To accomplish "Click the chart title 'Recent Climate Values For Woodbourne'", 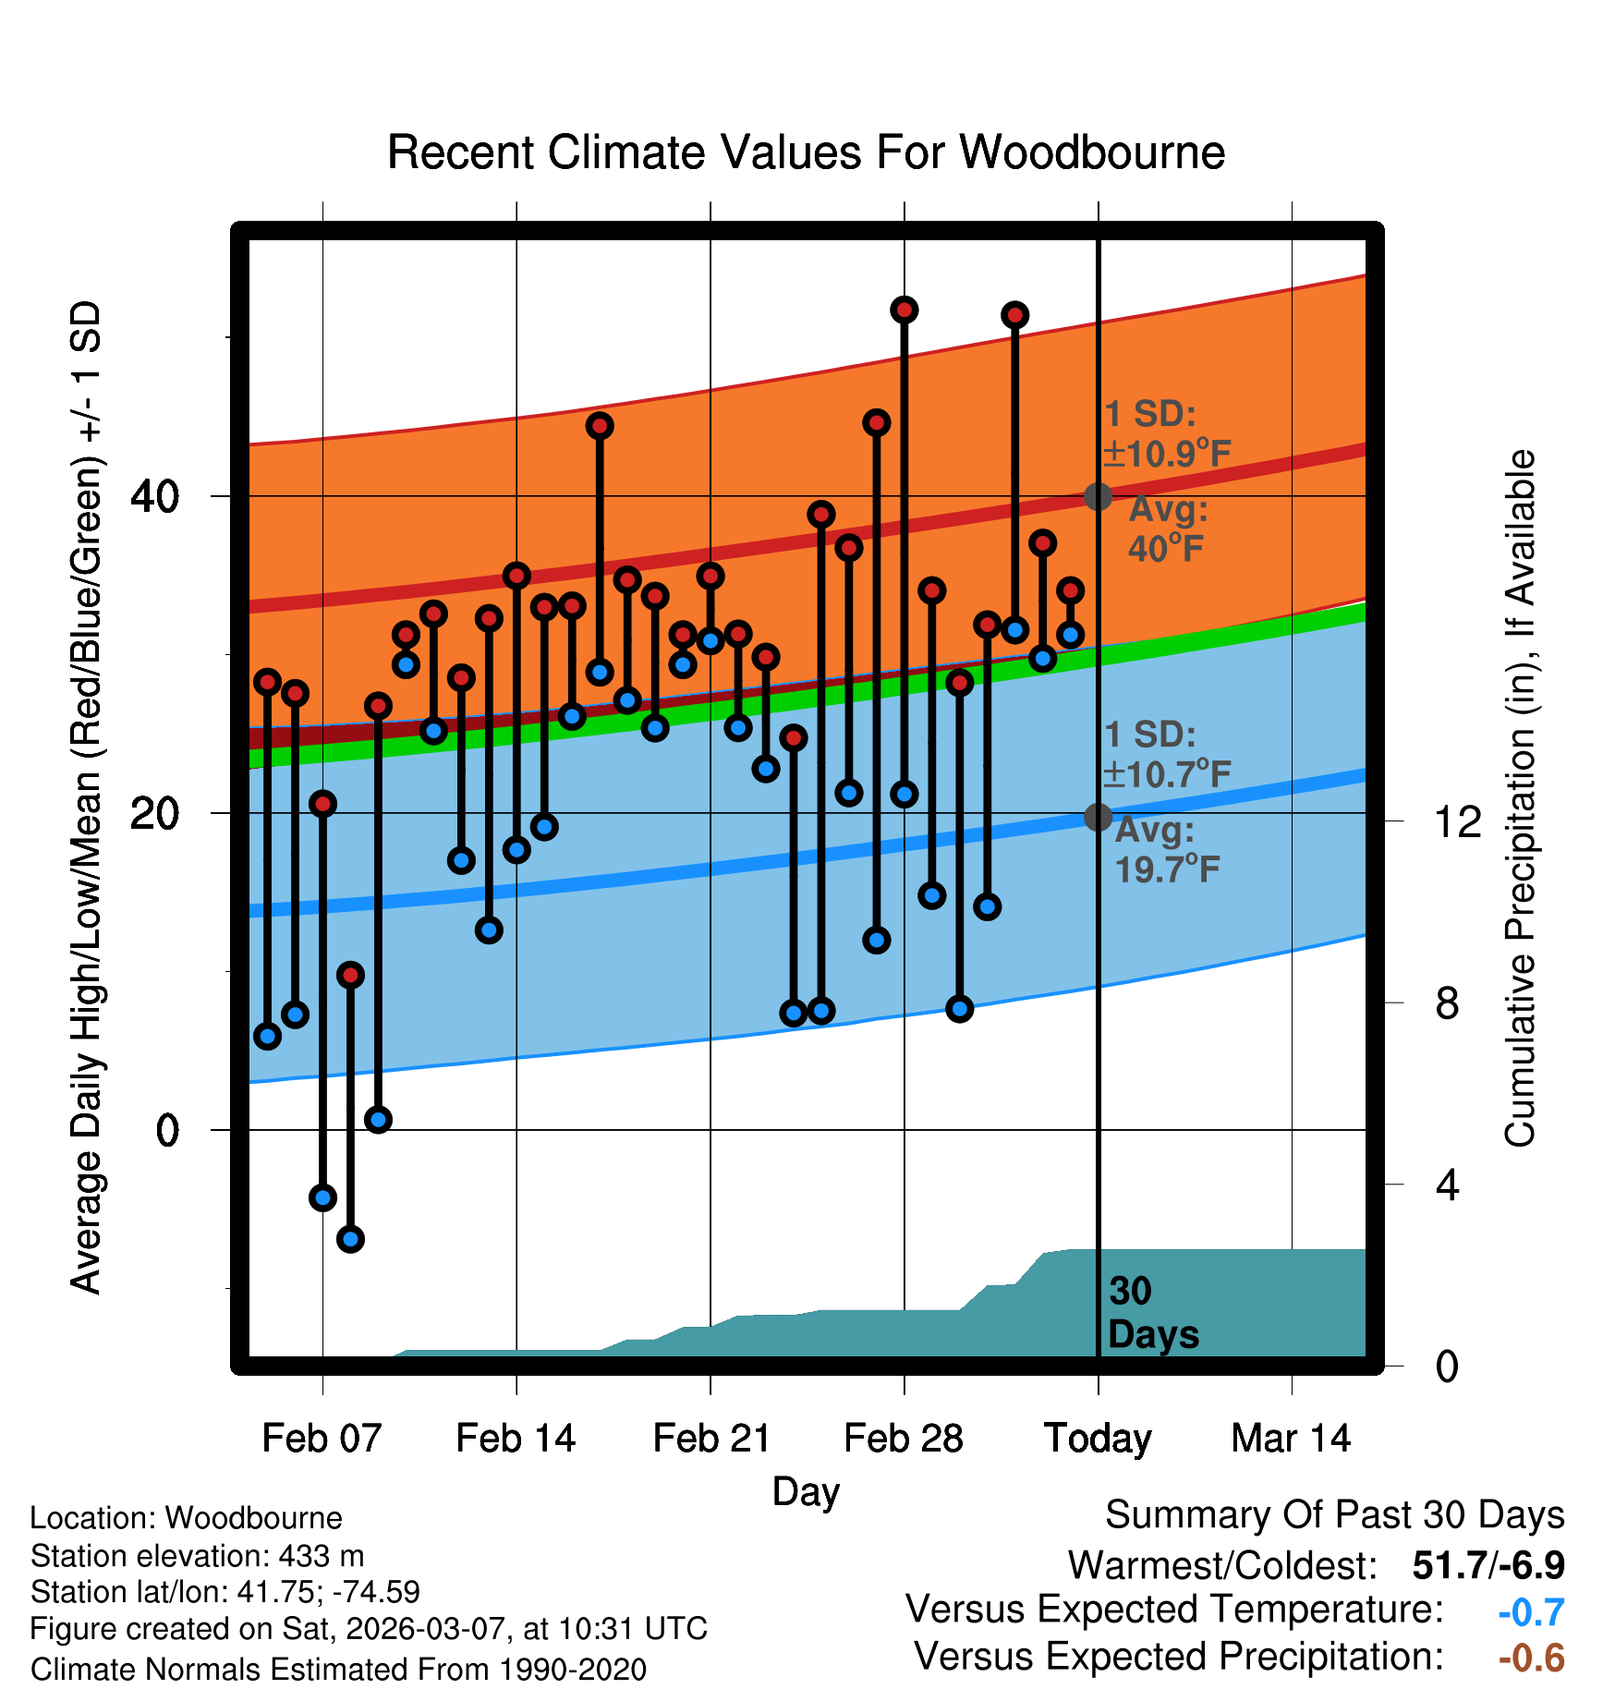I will (x=806, y=152).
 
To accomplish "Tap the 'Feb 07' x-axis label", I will (x=322, y=1439).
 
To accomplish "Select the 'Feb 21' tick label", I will (x=711, y=1439).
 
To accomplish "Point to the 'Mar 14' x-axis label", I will (x=1291, y=1439).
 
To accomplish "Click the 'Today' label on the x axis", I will (x=1098, y=1439).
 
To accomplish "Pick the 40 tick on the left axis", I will (x=155, y=497).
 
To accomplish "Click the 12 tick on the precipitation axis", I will (x=1458, y=821).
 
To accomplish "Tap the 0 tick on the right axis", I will (x=1447, y=1366).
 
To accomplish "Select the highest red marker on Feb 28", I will (x=905, y=310).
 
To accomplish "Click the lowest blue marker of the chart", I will (x=350, y=1239).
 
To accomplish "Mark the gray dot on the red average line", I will (x=1098, y=496).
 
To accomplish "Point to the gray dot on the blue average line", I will (x=1098, y=817).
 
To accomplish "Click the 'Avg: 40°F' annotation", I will (x=1168, y=529).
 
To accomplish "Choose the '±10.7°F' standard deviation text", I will (x=1168, y=774).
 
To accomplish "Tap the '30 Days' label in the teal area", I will (x=1152, y=1313).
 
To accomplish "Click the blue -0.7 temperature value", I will (x=1531, y=1612).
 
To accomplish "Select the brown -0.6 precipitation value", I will (x=1531, y=1658).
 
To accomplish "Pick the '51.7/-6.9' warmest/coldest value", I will (x=1488, y=1565).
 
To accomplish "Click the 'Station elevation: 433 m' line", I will (x=197, y=1556).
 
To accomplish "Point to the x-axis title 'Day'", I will (x=806, y=1491).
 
